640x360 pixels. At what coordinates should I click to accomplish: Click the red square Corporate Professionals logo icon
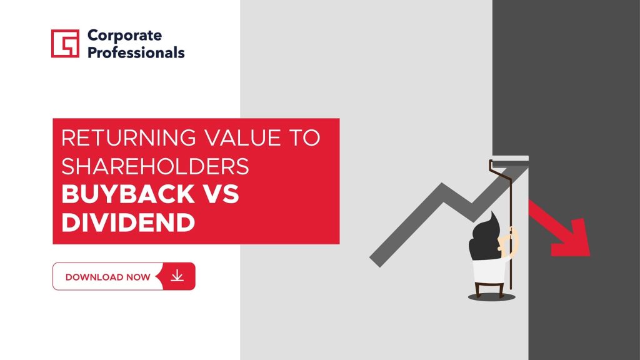point(65,43)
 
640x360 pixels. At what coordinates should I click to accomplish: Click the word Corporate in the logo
point(124,36)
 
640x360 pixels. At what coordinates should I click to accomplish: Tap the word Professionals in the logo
point(136,52)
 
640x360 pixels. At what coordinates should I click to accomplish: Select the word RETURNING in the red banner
point(129,137)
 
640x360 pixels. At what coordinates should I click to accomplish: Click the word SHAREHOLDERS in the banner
point(155,166)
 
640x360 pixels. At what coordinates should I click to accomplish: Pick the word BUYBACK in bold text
point(127,194)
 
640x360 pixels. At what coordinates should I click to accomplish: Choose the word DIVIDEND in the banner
point(128,222)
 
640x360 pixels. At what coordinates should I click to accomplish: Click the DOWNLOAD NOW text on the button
point(107,277)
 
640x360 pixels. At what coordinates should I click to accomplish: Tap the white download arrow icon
point(177,276)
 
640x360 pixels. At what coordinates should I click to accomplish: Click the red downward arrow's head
point(571,239)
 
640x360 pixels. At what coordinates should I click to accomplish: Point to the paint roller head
point(510,158)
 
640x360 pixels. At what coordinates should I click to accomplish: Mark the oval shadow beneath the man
point(491,297)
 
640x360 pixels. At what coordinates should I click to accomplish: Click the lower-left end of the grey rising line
point(375,262)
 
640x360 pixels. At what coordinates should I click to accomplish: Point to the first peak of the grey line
point(442,187)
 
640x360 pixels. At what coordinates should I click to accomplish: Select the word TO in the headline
point(305,137)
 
